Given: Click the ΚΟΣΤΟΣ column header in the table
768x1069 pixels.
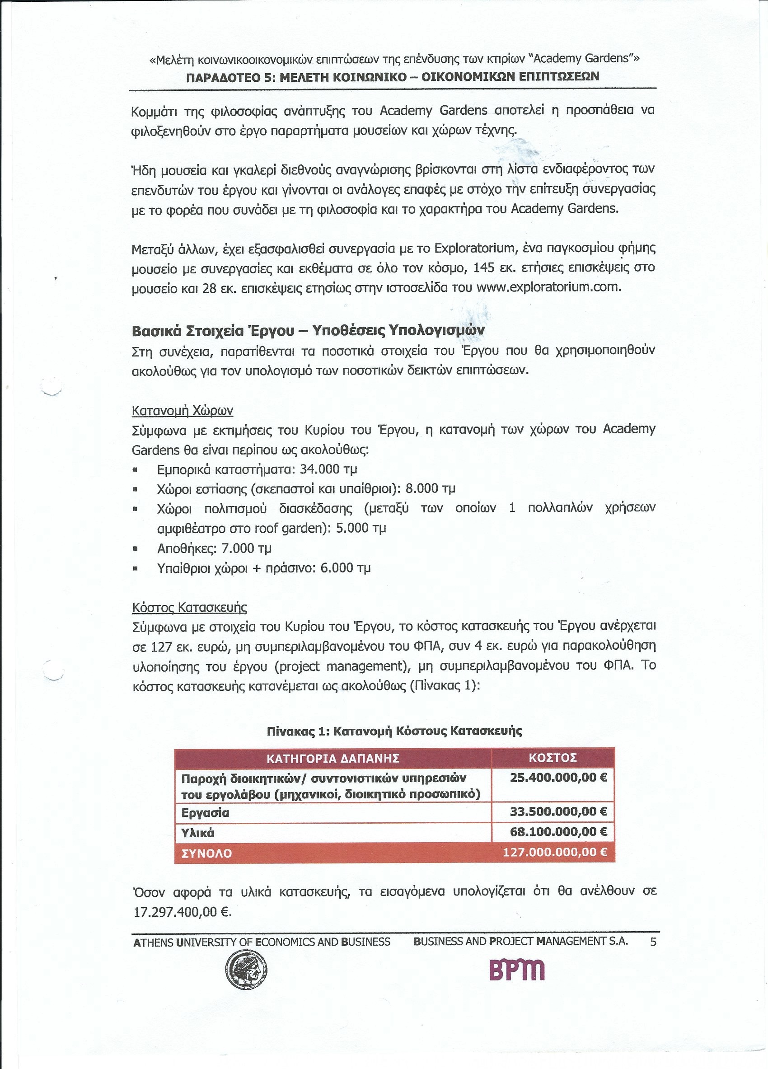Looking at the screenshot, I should click(553, 757).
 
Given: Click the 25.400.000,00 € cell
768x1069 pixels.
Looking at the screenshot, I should click(558, 777).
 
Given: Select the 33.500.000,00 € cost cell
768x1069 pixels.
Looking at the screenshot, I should click(558, 811).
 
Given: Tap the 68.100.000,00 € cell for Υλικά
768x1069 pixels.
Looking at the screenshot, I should click(558, 832).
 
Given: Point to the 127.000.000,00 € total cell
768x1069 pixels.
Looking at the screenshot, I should click(555, 852).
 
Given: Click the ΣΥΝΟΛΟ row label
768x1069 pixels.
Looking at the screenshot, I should click(206, 853).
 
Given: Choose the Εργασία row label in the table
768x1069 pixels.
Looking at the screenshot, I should click(205, 812).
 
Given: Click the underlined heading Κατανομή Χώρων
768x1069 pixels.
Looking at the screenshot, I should click(183, 411).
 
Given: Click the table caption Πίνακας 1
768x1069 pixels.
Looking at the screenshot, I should click(394, 731).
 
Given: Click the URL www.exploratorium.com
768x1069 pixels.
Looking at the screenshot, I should click(548, 287).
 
